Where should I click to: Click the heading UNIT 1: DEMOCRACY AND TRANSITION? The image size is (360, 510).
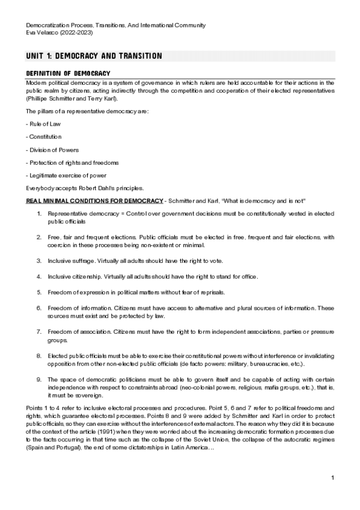(94, 56)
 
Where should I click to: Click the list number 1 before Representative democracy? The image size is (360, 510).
(39, 214)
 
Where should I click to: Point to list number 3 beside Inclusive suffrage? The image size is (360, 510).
(39, 261)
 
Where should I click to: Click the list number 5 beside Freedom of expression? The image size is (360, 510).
(39, 292)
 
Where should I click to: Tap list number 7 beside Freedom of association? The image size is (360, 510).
(39, 332)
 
